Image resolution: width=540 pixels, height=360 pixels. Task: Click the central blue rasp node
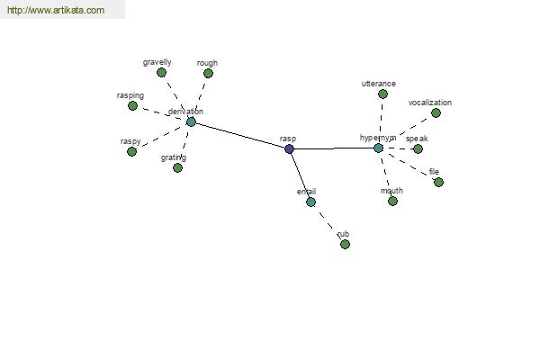pos(289,148)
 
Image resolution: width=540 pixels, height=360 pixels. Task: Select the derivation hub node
pos(191,121)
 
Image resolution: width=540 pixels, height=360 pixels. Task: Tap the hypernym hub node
pos(378,148)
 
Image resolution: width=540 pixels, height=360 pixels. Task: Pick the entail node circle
pos(310,202)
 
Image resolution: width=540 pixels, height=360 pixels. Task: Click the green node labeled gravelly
pos(162,73)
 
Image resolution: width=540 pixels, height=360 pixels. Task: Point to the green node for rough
pos(208,74)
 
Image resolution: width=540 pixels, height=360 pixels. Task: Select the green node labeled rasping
pos(132,105)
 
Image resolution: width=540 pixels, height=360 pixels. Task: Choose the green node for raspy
pos(131,151)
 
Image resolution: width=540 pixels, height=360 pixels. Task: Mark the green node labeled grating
pos(177,167)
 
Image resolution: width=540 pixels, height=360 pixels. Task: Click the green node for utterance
pos(382,94)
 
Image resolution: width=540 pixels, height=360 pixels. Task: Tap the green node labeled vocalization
pos(436,113)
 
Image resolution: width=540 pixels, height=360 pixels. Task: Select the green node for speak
pos(418,148)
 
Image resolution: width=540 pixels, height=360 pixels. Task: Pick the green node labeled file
pos(438,182)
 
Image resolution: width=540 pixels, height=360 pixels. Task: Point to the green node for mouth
pos(392,201)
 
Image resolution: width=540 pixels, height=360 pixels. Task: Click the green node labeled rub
pos(345,244)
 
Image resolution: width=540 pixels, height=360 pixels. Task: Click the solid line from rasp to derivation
pos(240,135)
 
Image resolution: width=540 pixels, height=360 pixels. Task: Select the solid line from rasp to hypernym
pos(333,148)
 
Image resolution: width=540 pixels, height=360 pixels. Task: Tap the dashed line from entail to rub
pos(328,222)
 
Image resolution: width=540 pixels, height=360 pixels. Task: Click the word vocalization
pos(429,103)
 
